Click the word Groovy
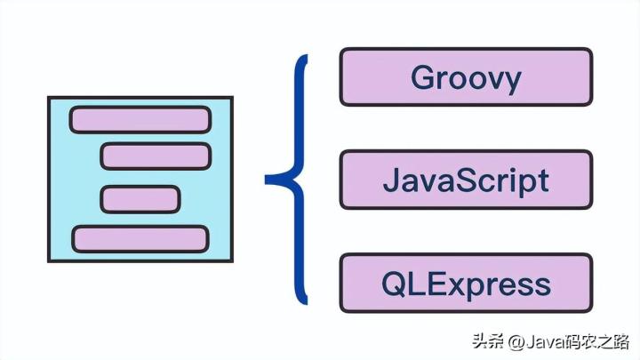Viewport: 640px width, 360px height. (x=465, y=77)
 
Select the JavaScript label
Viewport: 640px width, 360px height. (x=465, y=180)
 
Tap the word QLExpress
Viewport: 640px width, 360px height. (x=465, y=284)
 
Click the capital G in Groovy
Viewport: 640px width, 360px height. (x=423, y=77)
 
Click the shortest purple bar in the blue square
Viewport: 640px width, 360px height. (x=140, y=199)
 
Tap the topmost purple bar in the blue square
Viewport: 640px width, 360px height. (x=140, y=119)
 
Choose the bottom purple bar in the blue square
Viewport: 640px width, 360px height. (x=140, y=238)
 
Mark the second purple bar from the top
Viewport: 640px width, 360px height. (x=156, y=156)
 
